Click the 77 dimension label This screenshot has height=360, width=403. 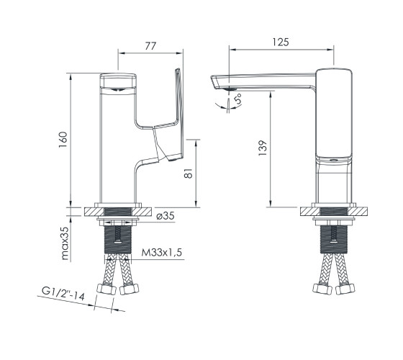[150, 46]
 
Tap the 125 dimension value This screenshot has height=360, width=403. [281, 42]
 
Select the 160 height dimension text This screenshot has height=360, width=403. [63, 140]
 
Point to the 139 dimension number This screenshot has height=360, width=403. [263, 148]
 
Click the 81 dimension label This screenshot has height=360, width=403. [189, 174]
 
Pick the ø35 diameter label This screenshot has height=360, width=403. [166, 216]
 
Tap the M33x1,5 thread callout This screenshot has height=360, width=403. [162, 253]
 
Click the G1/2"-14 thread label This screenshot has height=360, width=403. [63, 294]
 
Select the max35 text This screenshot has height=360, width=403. [65, 243]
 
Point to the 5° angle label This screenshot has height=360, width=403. [238, 99]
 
